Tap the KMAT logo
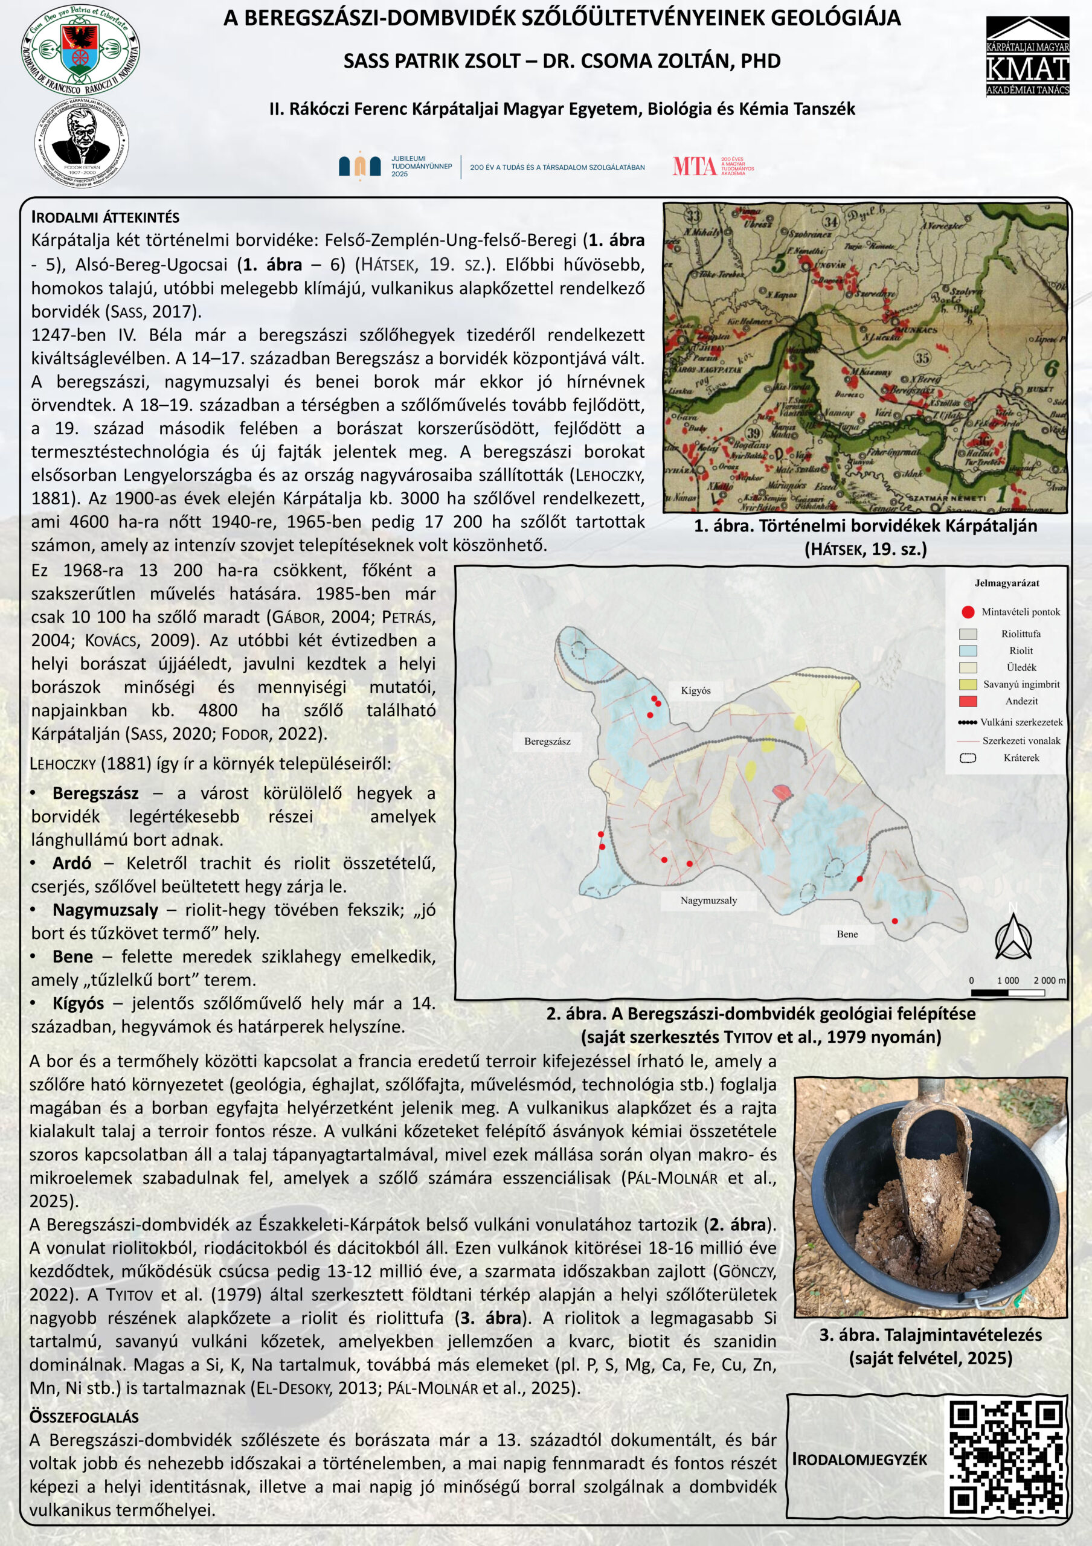tap(1027, 57)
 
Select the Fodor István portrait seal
tap(81, 144)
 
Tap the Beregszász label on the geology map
tap(547, 742)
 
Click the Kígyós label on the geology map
tap(695, 690)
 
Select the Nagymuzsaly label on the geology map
tap(708, 900)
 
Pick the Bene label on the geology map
tap(847, 934)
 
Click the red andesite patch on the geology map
tap(781, 792)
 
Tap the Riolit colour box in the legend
tap(968, 650)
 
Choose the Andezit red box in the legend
tap(968, 701)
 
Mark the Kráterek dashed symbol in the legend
tap(968, 758)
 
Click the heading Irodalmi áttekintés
tap(105, 217)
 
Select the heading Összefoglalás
tap(83, 1417)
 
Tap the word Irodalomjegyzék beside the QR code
tap(859, 1459)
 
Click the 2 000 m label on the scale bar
tap(1049, 980)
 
